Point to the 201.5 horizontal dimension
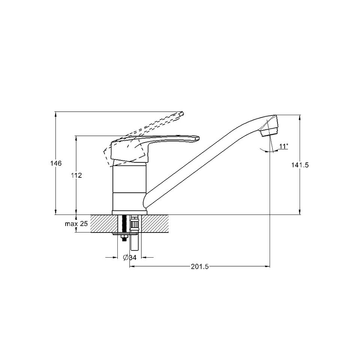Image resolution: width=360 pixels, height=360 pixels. click(x=199, y=267)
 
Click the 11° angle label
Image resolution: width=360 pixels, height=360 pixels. click(x=283, y=146)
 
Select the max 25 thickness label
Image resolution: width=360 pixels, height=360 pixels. click(x=76, y=224)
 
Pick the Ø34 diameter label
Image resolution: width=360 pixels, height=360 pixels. click(x=129, y=257)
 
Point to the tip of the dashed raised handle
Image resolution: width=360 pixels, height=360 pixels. click(x=182, y=114)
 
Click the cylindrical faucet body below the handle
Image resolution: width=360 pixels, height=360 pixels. click(x=129, y=187)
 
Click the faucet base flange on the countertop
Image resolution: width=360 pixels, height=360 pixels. click(x=129, y=213)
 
